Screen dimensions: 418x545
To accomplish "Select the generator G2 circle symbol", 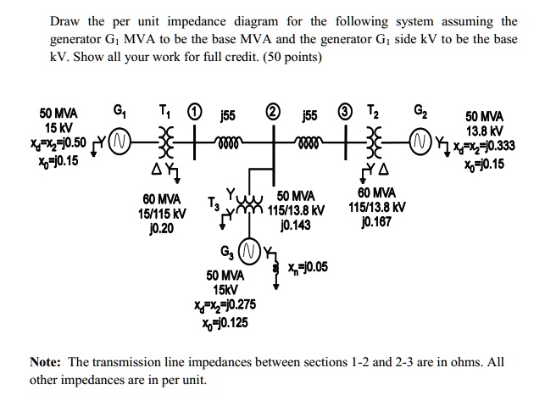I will [x=417, y=140].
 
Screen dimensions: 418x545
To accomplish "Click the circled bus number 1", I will [x=194, y=109].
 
